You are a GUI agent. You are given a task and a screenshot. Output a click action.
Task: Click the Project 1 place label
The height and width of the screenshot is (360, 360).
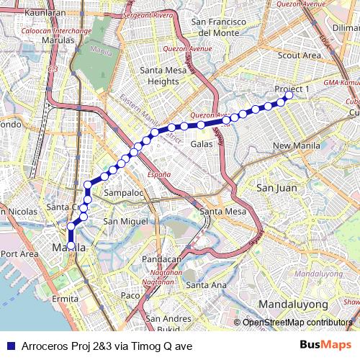291,89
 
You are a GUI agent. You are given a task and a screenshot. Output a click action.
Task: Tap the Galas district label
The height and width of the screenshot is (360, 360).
201,144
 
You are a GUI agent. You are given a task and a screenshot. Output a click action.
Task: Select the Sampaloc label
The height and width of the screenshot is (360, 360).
124,194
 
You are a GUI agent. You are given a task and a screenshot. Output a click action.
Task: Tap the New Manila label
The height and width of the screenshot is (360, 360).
291,146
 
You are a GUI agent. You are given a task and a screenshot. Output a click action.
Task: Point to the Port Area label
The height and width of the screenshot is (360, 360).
19,253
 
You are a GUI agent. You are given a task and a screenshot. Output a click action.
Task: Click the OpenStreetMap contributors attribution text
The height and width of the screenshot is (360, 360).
297,322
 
